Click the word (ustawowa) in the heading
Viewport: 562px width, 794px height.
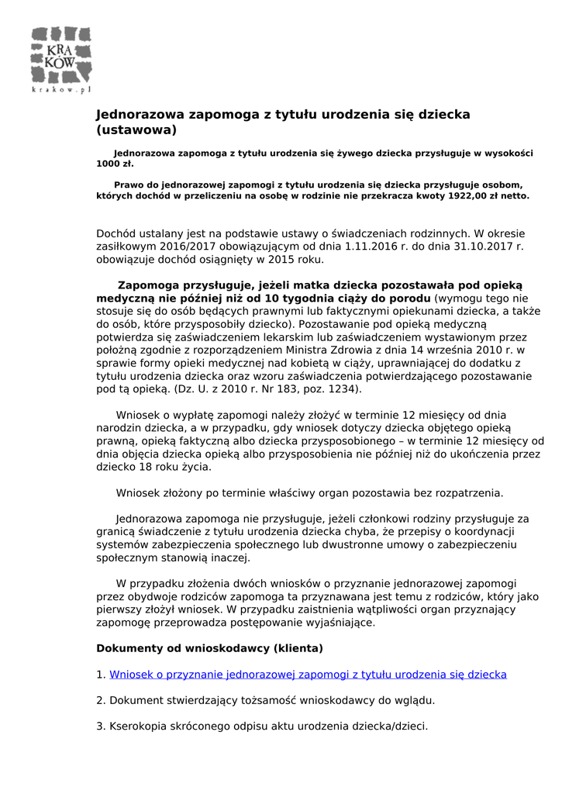(x=136, y=130)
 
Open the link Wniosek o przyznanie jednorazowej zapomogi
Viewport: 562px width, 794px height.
(x=308, y=675)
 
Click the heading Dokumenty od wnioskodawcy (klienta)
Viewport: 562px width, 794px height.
(x=209, y=647)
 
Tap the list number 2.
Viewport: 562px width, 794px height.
(x=100, y=700)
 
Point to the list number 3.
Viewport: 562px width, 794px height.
(x=100, y=727)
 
